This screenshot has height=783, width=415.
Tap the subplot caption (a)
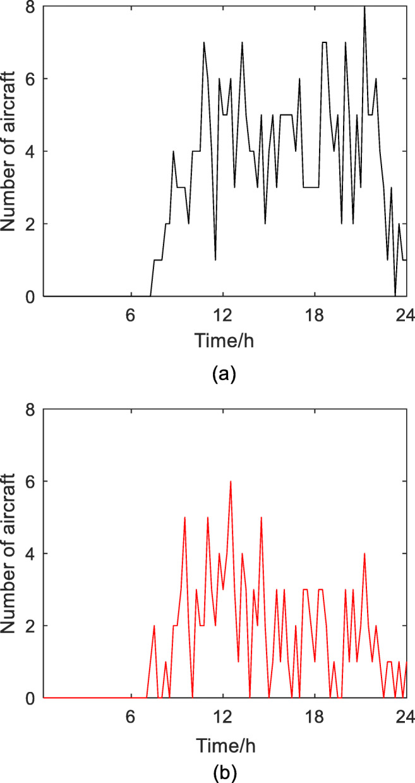coord(224,374)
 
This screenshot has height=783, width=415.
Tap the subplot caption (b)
coord(224,771)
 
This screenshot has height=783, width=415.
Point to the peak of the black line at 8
coord(364,7)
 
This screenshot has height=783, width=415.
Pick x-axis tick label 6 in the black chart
coord(131,314)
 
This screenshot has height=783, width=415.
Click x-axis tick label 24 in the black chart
coord(405,314)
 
